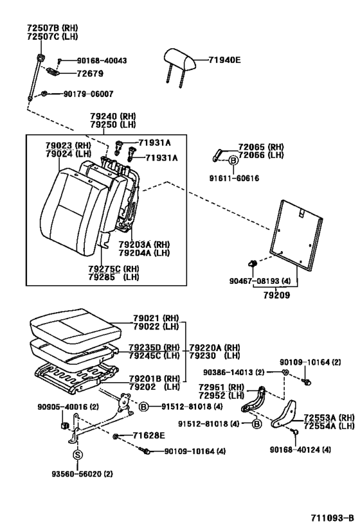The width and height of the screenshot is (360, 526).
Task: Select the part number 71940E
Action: tap(224, 60)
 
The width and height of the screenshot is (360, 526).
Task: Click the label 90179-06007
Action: tap(87, 94)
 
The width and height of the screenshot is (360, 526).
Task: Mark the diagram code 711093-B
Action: tap(331, 516)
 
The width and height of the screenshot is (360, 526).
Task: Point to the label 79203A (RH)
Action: tap(143, 245)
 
